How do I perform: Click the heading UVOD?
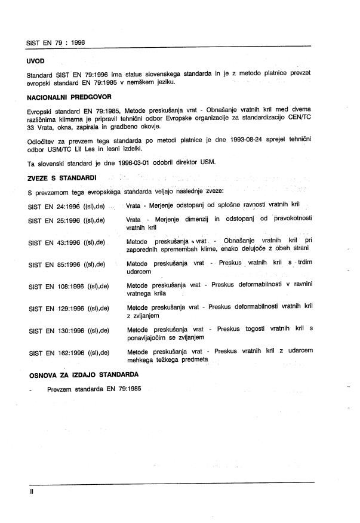36,61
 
